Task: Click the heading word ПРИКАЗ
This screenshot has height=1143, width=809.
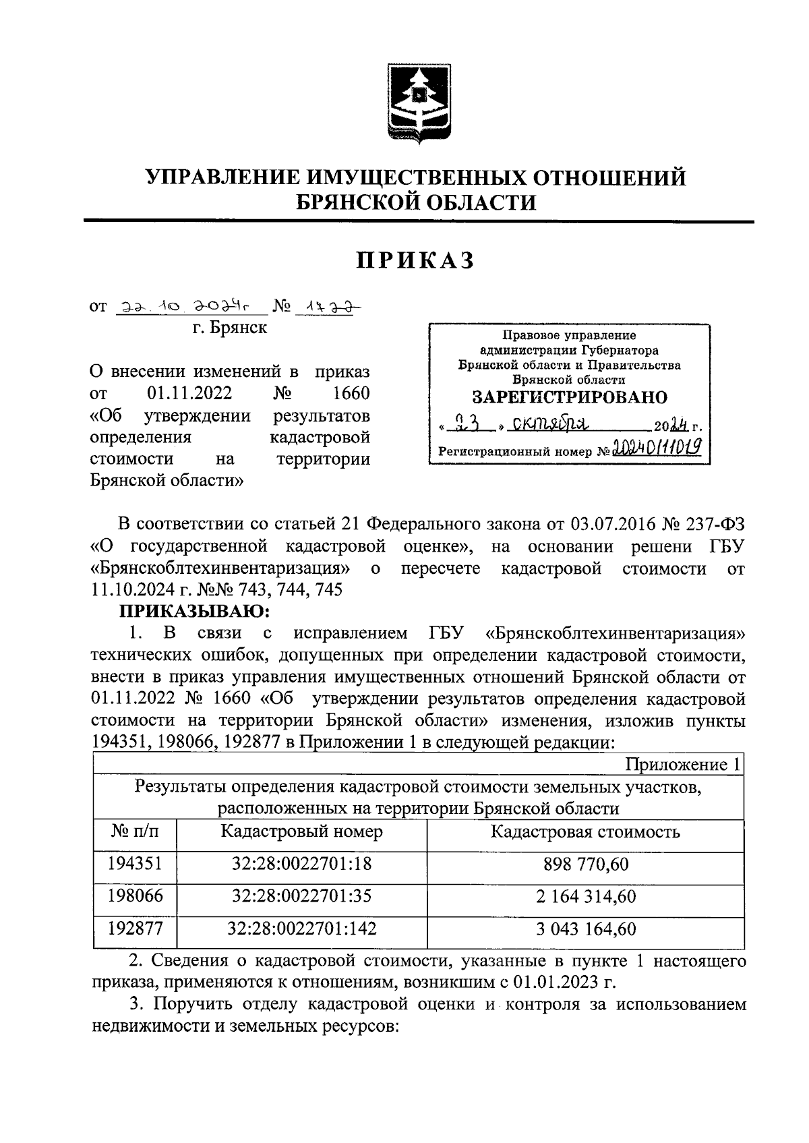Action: point(416,260)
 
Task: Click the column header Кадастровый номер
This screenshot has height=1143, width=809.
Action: point(301,831)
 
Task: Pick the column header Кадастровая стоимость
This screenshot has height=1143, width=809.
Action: point(585,831)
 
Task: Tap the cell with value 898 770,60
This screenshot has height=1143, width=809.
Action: point(585,864)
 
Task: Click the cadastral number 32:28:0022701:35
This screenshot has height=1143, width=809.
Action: point(301,897)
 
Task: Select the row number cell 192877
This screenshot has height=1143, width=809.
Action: point(135,929)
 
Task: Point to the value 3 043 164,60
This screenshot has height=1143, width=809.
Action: point(585,929)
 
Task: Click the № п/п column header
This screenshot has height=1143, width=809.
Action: point(135,831)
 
